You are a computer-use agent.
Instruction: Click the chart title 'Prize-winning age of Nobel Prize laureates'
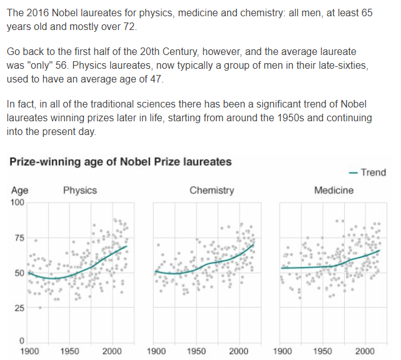(121, 162)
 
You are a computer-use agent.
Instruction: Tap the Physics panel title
(80, 190)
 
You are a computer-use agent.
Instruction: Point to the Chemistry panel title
(211, 190)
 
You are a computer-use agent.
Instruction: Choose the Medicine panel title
(333, 190)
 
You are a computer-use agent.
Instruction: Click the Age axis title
(19, 191)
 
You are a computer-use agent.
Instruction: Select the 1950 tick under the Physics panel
(70, 351)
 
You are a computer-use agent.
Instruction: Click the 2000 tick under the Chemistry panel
(238, 351)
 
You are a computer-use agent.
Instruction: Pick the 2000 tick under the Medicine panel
(365, 351)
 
